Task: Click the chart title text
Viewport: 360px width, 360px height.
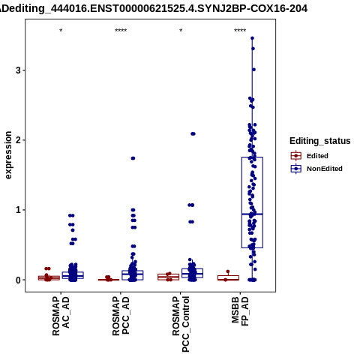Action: point(154,9)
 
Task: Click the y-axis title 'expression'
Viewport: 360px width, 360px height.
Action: point(8,155)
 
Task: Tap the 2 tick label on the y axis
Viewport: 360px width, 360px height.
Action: point(19,140)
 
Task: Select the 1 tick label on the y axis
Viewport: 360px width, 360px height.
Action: point(19,210)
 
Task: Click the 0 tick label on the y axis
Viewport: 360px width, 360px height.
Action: point(19,280)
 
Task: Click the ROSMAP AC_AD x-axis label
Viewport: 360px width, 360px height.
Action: point(61,316)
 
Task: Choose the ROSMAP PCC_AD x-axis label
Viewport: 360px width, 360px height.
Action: point(121,316)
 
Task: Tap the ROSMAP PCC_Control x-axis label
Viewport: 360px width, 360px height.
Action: point(181,324)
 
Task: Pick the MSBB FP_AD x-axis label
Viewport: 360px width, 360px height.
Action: point(240,311)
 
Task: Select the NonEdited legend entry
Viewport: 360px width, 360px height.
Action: point(316,169)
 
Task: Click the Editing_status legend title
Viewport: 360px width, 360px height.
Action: point(320,141)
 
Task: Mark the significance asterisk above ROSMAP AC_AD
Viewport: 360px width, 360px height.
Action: point(61,31)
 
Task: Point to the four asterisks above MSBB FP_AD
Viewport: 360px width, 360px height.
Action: point(240,31)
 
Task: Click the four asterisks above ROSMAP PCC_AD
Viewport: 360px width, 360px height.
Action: point(121,31)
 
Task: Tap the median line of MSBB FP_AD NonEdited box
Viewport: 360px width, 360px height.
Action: point(252,214)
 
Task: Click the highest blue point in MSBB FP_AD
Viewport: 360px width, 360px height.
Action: point(252,38)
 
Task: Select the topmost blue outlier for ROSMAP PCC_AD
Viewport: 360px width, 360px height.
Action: point(133,158)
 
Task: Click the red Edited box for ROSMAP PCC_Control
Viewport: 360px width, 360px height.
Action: point(169,277)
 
